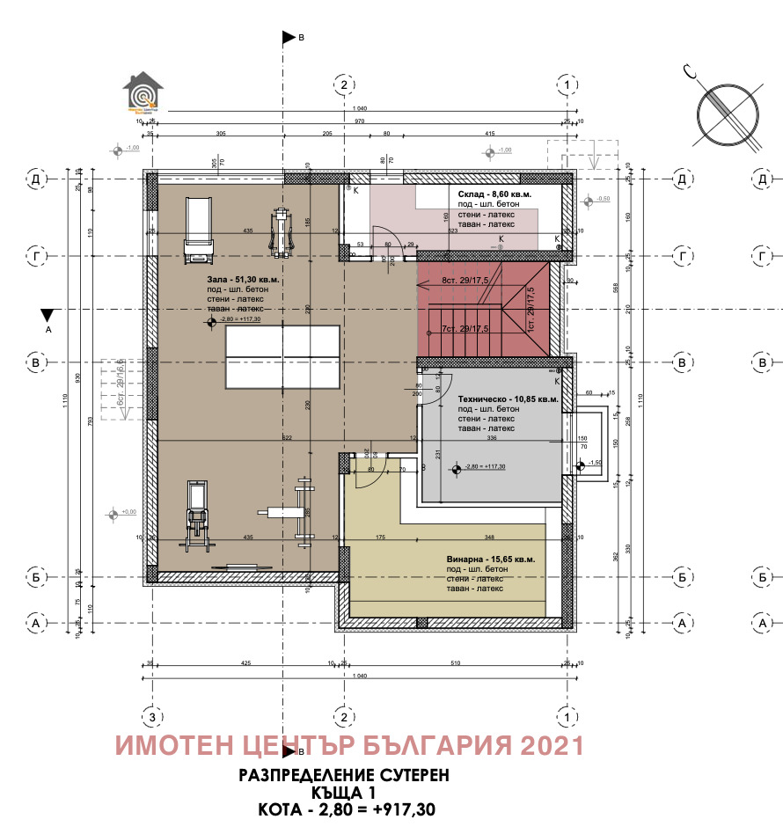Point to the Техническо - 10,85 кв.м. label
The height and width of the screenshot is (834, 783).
[x=507, y=399]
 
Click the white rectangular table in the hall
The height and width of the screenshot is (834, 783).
[x=282, y=356]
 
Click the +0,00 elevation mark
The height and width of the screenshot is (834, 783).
[x=129, y=511]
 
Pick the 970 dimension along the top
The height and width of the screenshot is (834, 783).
[x=360, y=121]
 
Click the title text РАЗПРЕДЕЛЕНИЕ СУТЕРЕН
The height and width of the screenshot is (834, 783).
[x=344, y=775]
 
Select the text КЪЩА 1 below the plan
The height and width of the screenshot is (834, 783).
[x=344, y=792]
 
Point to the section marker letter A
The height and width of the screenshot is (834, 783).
[x=49, y=330]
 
